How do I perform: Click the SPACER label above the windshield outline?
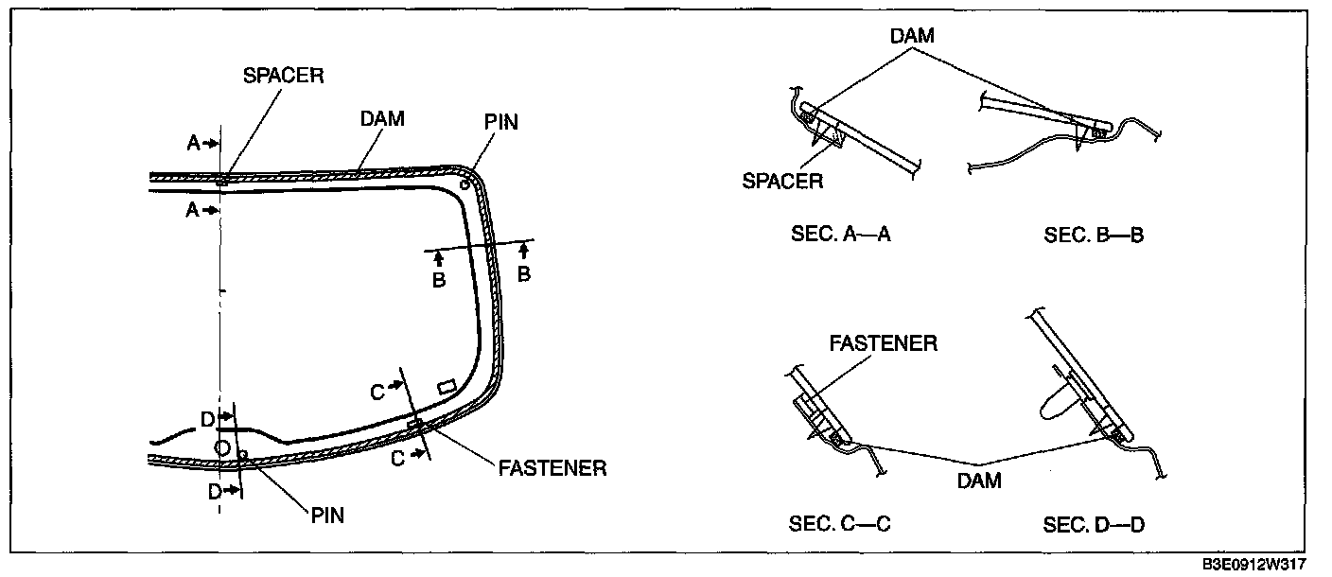(x=284, y=76)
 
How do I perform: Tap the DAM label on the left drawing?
(x=382, y=119)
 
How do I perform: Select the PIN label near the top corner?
(x=501, y=122)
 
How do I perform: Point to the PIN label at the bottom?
(x=327, y=516)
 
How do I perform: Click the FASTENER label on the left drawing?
(x=552, y=468)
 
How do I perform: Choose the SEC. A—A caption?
(x=841, y=235)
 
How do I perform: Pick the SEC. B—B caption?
(x=1095, y=235)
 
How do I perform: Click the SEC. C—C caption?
(x=840, y=524)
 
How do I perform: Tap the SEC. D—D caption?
(x=1095, y=525)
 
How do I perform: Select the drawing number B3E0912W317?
(x=1254, y=564)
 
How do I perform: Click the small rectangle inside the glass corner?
(x=447, y=387)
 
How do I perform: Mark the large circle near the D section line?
(x=221, y=447)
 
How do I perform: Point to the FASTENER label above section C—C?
(x=884, y=343)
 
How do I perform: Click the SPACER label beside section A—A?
(x=782, y=181)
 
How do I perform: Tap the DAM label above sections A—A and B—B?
(x=912, y=36)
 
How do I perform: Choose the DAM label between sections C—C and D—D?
(x=979, y=481)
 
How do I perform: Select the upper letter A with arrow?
(x=202, y=143)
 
